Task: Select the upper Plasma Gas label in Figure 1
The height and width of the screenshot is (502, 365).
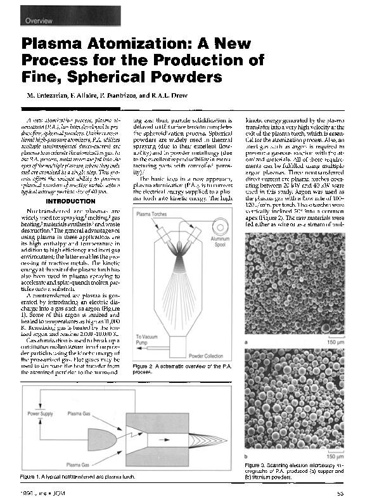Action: click(80, 413)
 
